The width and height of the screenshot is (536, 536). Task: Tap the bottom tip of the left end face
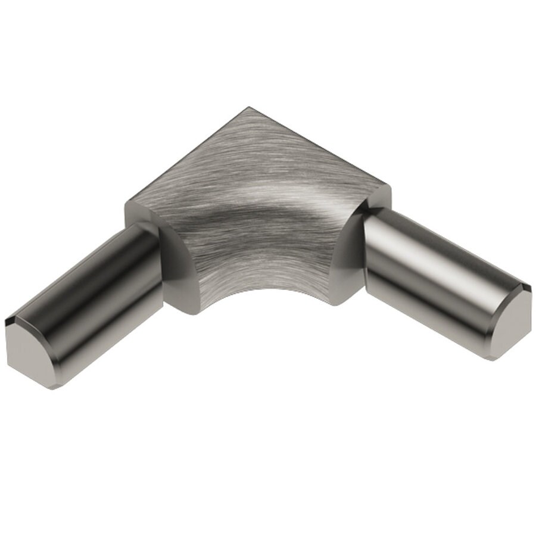click(52, 388)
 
